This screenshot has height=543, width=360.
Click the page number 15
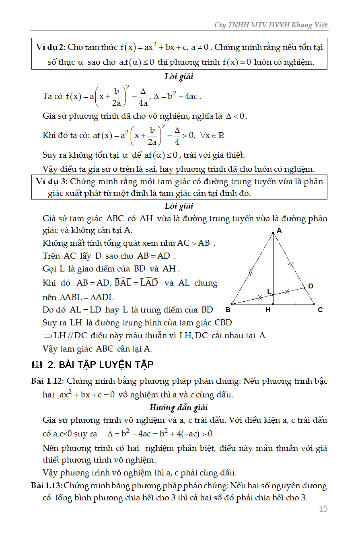[x=323, y=509]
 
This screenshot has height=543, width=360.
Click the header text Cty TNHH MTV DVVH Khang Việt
[x=271, y=25]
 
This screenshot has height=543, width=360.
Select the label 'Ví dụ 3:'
[x=51, y=181]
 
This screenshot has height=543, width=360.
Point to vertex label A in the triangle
[x=279, y=231]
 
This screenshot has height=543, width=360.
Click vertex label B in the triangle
[x=228, y=310]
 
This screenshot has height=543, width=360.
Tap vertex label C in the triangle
[x=320, y=310]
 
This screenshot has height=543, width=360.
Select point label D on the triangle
[x=311, y=286]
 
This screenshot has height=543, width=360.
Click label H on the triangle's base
[x=268, y=310]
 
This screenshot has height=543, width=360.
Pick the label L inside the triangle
[x=269, y=291]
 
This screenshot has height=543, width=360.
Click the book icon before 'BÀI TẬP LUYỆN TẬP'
[x=36, y=365]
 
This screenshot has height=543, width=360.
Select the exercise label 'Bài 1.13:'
[x=46, y=485]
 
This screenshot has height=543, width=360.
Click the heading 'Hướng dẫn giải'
[x=179, y=408]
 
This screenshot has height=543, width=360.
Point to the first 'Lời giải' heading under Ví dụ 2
[x=179, y=76]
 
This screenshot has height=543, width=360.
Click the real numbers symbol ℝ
[x=221, y=136]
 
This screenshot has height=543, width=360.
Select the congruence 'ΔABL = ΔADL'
[x=86, y=297]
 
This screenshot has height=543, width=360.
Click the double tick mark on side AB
[x=250, y=272]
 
